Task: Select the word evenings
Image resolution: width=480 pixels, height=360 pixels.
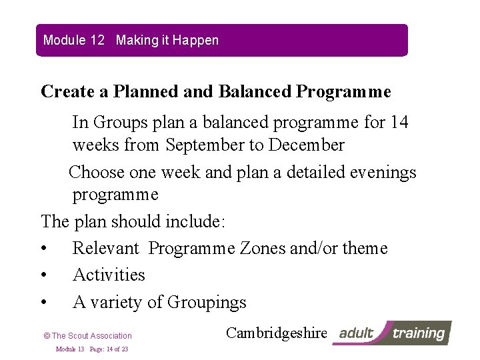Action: pyautogui.click(x=379, y=172)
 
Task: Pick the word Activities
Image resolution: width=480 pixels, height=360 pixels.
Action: pyautogui.click(x=109, y=275)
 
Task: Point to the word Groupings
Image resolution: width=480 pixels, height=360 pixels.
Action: pyautogui.click(x=207, y=302)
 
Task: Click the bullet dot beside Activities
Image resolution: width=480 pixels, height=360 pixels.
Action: pyautogui.click(x=44, y=275)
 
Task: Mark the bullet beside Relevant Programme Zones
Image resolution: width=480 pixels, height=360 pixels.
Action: pyautogui.click(x=44, y=249)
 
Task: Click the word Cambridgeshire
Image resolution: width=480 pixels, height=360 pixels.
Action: pyautogui.click(x=277, y=333)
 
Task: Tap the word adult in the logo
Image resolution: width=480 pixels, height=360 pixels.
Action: pyautogui.click(x=357, y=333)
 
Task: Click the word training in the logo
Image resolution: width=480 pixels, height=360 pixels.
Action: pyautogui.click(x=418, y=333)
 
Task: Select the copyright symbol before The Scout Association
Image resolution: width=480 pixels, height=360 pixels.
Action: pyautogui.click(x=46, y=336)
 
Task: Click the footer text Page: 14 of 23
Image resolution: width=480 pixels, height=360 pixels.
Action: pyautogui.click(x=109, y=349)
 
